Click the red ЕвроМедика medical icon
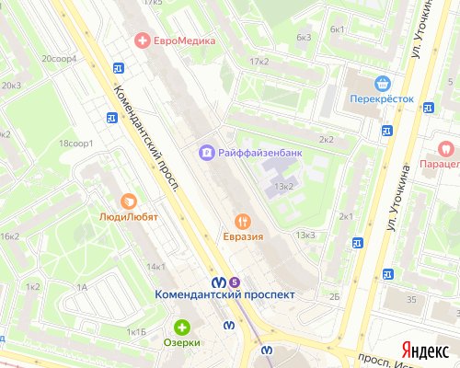point(142,40)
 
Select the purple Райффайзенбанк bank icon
point(208,151)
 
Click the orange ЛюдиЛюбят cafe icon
point(129,201)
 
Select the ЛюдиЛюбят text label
point(129,218)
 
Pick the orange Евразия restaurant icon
point(243,221)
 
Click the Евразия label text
point(243,237)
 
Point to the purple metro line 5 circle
point(235,280)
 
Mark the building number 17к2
point(259,62)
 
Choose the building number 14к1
point(155,267)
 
